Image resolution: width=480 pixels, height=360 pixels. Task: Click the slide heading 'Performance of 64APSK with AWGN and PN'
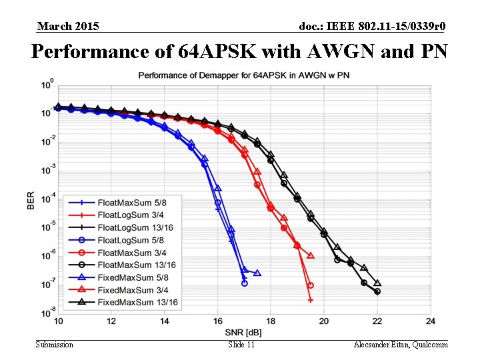click(x=239, y=51)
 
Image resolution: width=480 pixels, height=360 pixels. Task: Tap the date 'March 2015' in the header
click(x=68, y=26)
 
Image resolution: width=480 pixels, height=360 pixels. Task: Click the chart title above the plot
click(x=243, y=75)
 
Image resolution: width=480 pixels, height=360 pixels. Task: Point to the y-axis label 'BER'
click(x=31, y=199)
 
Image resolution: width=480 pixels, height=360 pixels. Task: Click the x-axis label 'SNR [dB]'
click(x=244, y=331)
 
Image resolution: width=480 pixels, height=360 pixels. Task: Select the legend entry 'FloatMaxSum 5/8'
click(x=133, y=202)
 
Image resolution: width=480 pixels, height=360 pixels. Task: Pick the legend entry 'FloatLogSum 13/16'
click(x=135, y=227)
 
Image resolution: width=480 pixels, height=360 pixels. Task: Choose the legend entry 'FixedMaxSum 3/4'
click(x=133, y=290)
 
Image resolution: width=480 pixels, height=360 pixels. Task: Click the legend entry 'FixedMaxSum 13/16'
click(x=137, y=303)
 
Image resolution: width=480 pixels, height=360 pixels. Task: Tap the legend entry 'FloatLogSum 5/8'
click(x=133, y=240)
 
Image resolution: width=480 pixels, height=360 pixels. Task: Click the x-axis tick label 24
click(x=430, y=321)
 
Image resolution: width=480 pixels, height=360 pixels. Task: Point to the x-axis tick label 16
click(x=218, y=321)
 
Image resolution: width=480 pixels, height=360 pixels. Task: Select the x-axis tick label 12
click(x=111, y=321)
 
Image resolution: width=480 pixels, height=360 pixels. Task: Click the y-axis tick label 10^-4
click(x=47, y=199)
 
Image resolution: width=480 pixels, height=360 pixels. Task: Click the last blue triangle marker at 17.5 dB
click(x=257, y=273)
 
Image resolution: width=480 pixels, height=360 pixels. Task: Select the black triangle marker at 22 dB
click(x=377, y=283)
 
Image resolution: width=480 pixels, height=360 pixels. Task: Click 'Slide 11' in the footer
click(x=241, y=345)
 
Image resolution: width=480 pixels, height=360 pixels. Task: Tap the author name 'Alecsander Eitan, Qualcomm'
click(x=401, y=345)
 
